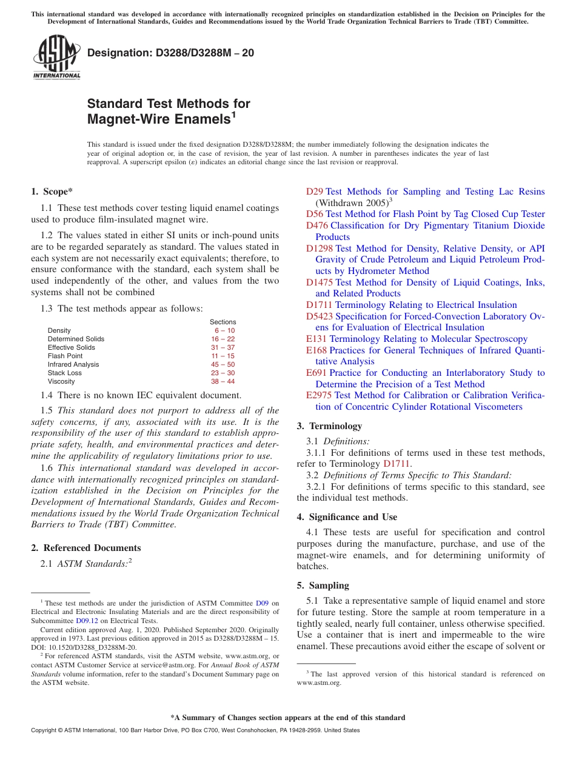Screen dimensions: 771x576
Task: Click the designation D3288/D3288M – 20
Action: tap(170, 53)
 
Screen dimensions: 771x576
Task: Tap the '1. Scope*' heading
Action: tap(52, 192)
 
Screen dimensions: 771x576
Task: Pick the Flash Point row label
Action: tap(65, 356)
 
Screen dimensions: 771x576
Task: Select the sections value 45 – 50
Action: tap(223, 364)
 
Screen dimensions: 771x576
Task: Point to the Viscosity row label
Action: tap(61, 381)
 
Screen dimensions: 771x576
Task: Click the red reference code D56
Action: tap(315, 214)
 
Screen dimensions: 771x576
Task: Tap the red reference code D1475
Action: tap(319, 282)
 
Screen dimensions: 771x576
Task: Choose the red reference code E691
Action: tap(316, 373)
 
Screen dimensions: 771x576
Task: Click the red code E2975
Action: tap(319, 395)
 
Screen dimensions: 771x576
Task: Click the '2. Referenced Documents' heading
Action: tap(85, 548)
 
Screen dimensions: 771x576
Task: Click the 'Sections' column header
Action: tap(223, 322)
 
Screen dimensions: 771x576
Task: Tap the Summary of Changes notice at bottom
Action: tap(287, 718)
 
